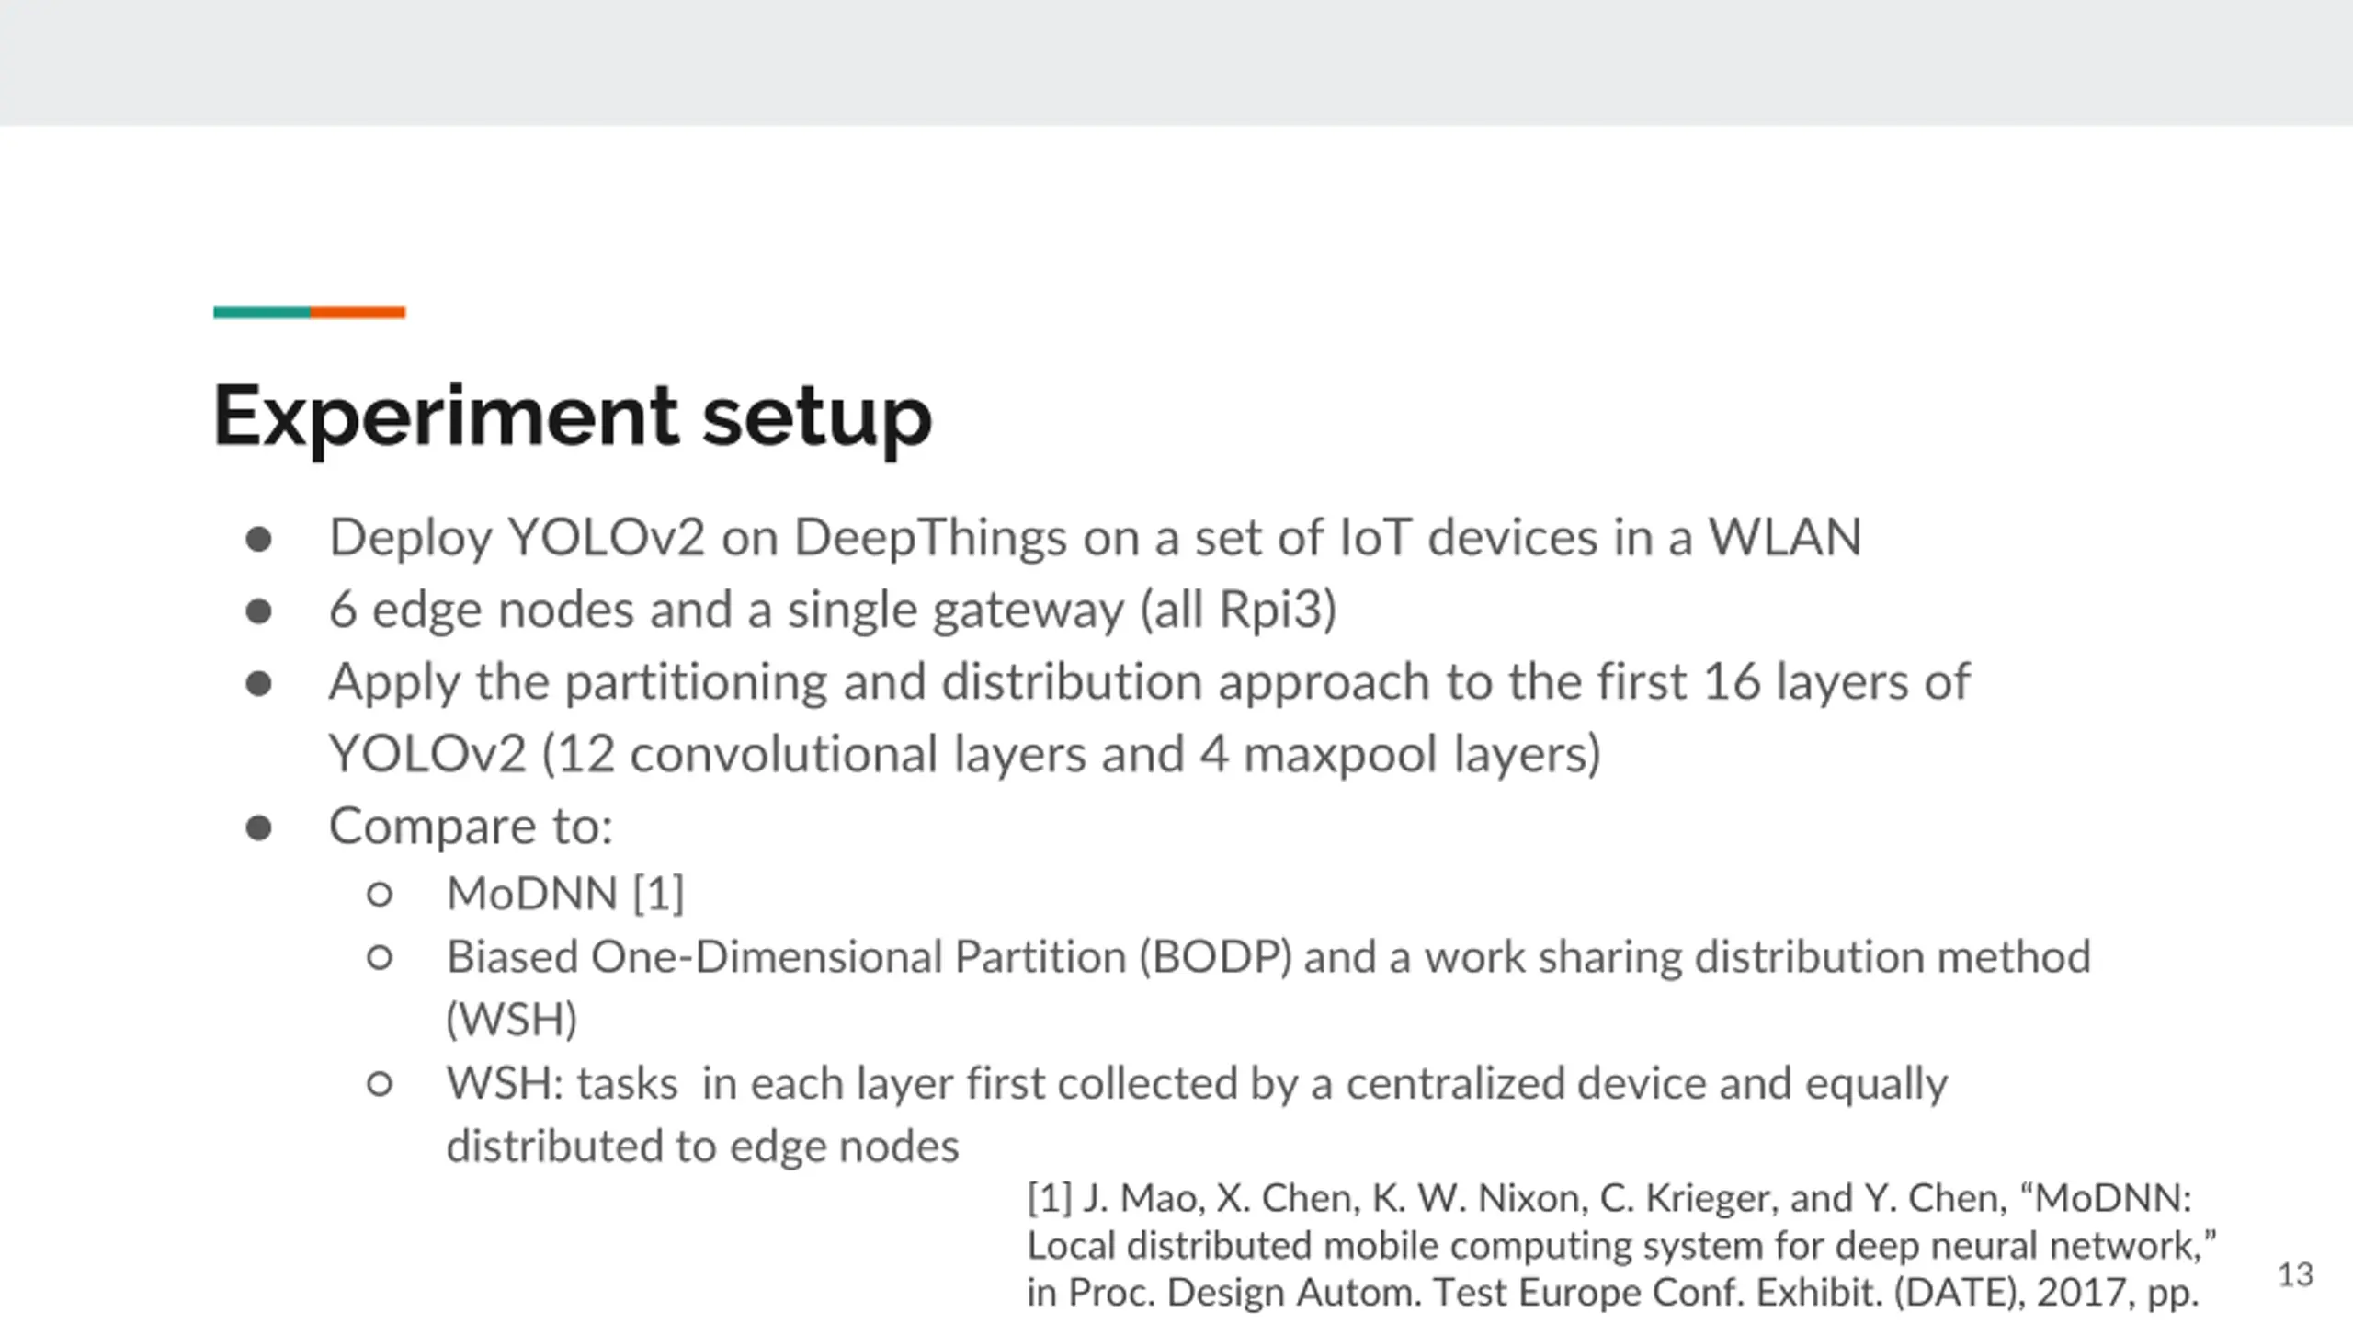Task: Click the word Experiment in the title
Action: pyautogui.click(x=446, y=417)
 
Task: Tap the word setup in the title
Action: pyautogui.click(x=817, y=417)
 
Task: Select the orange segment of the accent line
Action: pyautogui.click(x=358, y=313)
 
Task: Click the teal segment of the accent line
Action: pyautogui.click(x=262, y=313)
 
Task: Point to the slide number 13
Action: pyautogui.click(x=2294, y=1275)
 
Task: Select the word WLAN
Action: pyautogui.click(x=1784, y=537)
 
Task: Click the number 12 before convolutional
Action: pyautogui.click(x=585, y=754)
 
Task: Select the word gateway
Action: pyautogui.click(x=1028, y=611)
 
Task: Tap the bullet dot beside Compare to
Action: pyautogui.click(x=259, y=827)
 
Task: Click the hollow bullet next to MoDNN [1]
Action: pyautogui.click(x=380, y=894)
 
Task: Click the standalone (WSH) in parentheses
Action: pyautogui.click(x=512, y=1020)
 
